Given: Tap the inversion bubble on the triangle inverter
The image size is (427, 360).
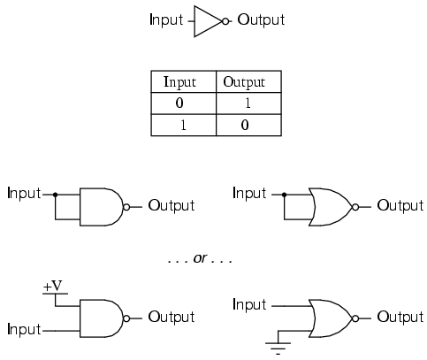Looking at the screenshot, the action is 225,21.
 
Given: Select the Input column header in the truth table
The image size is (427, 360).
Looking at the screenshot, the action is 179,82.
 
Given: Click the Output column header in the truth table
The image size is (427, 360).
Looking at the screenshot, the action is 244,82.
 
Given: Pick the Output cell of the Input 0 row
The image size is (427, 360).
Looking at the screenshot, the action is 248,103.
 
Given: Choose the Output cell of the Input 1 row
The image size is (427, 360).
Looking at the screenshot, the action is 245,125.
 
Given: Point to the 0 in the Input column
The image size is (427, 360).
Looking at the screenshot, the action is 179,103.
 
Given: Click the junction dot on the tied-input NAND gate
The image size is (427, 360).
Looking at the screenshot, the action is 55,195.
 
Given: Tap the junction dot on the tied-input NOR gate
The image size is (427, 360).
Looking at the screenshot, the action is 284,195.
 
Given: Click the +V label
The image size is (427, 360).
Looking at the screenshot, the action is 53,287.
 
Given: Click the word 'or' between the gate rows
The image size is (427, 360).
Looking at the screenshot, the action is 200,258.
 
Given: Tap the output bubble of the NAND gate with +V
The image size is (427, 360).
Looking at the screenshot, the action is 126,318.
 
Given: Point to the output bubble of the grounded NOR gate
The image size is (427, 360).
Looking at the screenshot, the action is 355,318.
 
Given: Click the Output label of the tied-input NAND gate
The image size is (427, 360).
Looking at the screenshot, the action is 172,205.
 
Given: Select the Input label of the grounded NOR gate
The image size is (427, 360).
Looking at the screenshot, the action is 249,304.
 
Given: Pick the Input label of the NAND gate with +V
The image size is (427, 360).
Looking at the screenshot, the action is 24,329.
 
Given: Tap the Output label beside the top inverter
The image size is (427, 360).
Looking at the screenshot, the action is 261,20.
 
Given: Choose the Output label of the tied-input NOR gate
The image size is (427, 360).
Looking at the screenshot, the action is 400,205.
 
